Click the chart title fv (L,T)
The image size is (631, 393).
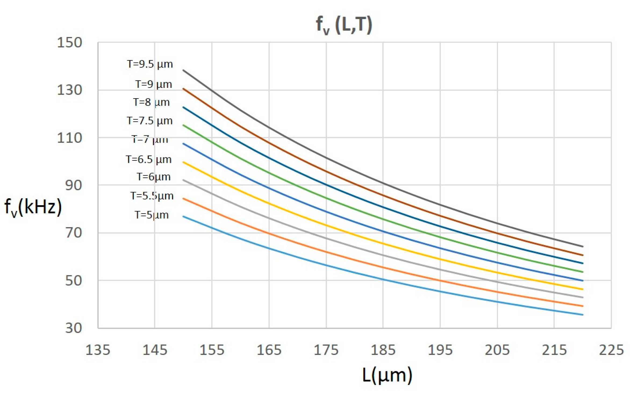tap(344, 25)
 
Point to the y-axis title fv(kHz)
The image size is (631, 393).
tap(33, 207)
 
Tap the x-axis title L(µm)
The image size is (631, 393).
tap(387, 375)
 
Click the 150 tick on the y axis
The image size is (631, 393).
tap(69, 43)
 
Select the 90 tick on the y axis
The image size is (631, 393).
tap(73, 185)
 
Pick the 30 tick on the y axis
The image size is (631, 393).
tap(73, 328)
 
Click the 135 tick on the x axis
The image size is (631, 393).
tap(98, 350)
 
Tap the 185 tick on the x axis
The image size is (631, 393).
tap(383, 350)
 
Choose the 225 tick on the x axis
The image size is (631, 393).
tap(611, 350)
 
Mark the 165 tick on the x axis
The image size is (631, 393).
tap(269, 350)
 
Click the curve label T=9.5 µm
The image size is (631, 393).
tap(150, 64)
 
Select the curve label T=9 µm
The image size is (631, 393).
tap(153, 84)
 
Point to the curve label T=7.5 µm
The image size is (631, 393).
tap(149, 121)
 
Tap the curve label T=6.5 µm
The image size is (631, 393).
tap(149, 160)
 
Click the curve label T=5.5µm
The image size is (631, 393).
tap(152, 196)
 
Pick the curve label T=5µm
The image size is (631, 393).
tap(152, 215)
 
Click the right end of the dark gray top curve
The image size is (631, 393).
tap(582, 246)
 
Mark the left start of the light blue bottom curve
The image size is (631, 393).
tap(183, 216)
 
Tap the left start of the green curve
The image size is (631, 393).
tap(183, 125)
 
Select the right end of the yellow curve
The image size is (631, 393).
tap(582, 289)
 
